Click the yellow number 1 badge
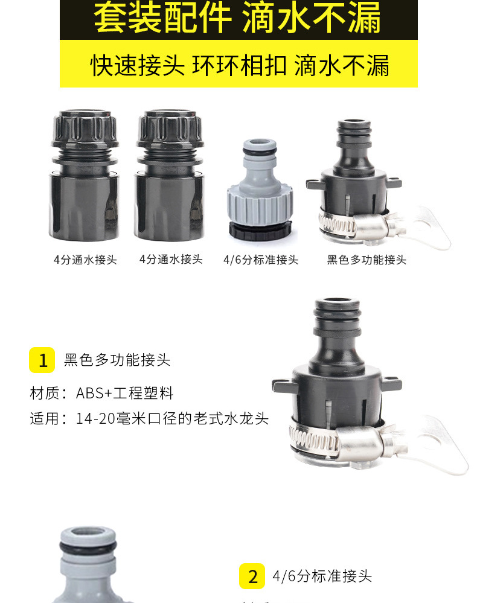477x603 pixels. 42,360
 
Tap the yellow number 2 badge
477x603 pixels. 252,576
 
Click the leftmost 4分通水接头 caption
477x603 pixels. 85,260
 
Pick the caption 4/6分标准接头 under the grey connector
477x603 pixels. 261,260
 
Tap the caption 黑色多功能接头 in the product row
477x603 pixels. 367,260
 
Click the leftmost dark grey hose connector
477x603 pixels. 85,175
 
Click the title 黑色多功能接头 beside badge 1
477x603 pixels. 117,360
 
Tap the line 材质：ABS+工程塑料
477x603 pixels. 101,394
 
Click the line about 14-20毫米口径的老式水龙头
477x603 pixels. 149,418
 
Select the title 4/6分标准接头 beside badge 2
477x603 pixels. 322,576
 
